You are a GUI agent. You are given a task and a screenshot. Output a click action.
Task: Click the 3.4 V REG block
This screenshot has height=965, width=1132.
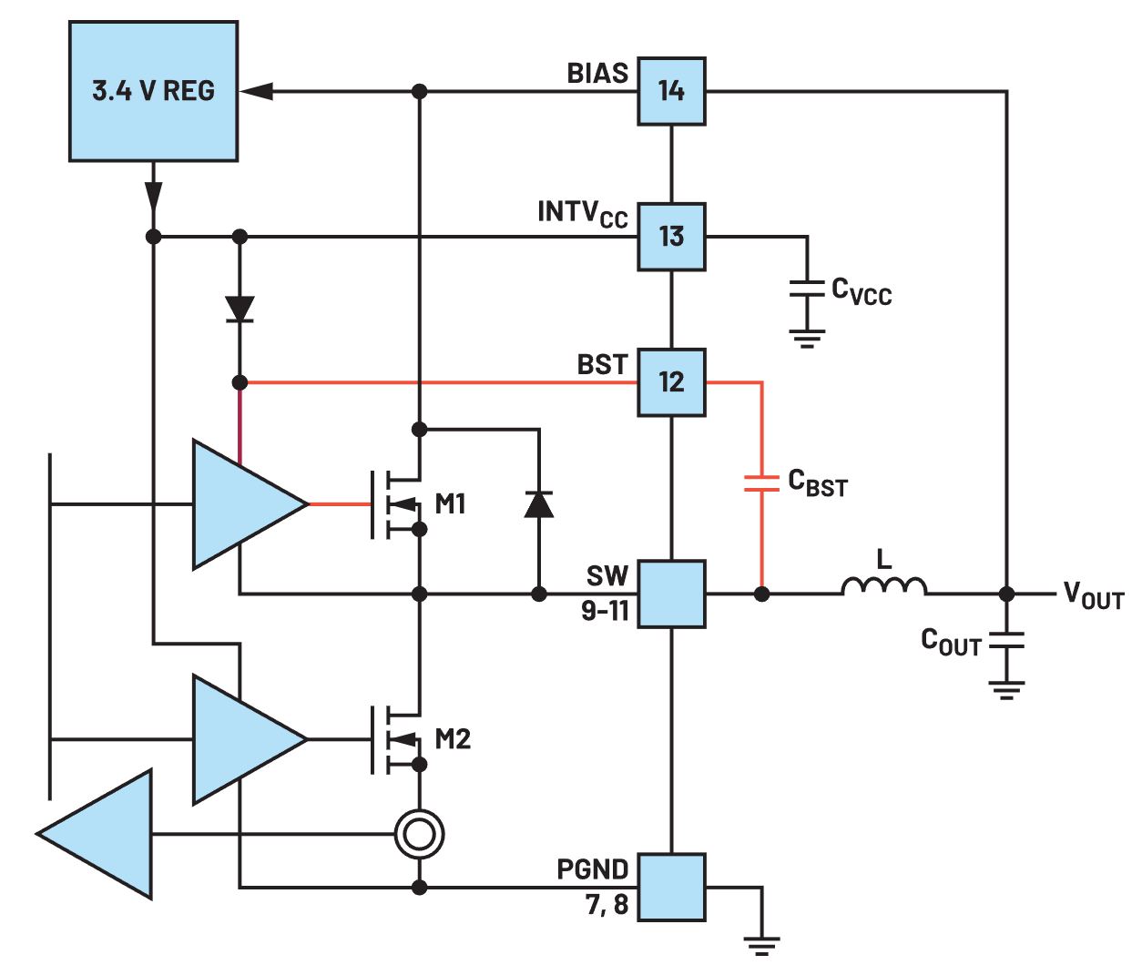[x=153, y=91]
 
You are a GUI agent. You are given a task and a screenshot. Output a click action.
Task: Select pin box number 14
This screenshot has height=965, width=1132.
[x=671, y=91]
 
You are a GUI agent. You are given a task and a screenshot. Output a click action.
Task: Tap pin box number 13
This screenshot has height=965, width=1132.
[x=671, y=237]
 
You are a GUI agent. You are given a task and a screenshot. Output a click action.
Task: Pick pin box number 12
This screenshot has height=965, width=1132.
[x=671, y=382]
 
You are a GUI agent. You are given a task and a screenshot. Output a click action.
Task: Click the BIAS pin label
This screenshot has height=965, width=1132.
[x=597, y=74]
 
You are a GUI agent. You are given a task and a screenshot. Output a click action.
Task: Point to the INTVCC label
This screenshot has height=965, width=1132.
[x=582, y=213]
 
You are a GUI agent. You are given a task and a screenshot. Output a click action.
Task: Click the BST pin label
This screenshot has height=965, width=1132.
[x=602, y=365]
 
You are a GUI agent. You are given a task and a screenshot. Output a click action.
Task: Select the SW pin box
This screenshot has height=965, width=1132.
[x=671, y=594]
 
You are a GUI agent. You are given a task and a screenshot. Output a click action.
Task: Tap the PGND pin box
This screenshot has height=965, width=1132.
[x=671, y=888]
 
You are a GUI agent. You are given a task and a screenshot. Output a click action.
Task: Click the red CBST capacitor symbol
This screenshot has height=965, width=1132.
[x=761, y=482]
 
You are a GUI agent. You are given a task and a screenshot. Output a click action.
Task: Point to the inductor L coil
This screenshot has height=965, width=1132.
[x=883, y=586]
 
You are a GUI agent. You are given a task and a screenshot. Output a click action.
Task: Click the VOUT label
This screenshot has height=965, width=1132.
[x=1093, y=596]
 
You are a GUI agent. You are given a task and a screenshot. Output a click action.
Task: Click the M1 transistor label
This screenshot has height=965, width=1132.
[x=451, y=503]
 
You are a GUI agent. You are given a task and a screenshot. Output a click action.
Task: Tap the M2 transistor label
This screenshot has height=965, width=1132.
[x=453, y=738]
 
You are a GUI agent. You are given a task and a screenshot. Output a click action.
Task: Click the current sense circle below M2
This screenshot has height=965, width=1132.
[x=420, y=834]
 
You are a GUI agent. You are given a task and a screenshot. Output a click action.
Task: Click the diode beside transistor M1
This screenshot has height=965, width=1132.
[x=539, y=503]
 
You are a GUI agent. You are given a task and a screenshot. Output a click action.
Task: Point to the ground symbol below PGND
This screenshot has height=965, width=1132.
[x=761, y=944]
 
